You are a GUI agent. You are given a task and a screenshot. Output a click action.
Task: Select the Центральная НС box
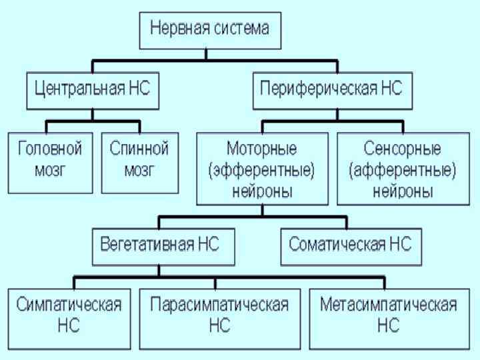tap(93, 90)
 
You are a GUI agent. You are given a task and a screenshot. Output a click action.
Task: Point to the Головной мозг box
tap(50, 162)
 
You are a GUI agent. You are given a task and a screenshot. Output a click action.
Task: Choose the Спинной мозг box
tap(139, 162)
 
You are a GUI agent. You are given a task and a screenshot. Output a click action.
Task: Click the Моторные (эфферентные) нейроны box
tap(262, 168)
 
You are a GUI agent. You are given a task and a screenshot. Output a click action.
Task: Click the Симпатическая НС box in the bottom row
tap(69, 317)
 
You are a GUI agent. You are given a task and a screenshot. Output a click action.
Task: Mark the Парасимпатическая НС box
tap(219, 317)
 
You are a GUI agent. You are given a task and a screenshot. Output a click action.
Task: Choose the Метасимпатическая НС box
tap(389, 317)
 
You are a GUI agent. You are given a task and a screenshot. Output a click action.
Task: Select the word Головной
tap(50, 148)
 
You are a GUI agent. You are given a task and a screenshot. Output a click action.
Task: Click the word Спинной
tap(139, 148)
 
